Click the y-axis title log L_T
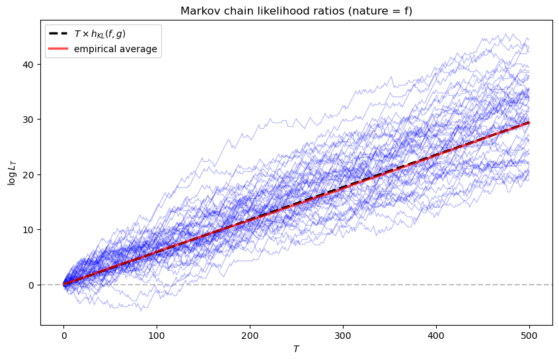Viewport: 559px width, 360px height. (x=11, y=172)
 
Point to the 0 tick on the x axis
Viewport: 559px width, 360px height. (x=63, y=335)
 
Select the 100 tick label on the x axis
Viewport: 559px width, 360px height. (x=157, y=335)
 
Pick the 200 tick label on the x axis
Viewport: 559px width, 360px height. (x=250, y=335)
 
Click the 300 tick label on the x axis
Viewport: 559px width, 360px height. (x=343, y=335)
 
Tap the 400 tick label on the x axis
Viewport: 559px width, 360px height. (x=436, y=335)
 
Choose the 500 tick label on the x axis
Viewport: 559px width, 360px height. (x=529, y=335)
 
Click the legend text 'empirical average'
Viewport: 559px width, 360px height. (x=116, y=49)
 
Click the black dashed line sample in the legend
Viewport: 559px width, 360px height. (x=58, y=34)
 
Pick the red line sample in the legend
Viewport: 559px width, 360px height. (x=58, y=49)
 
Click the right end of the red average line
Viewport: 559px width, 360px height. (x=529, y=122)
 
